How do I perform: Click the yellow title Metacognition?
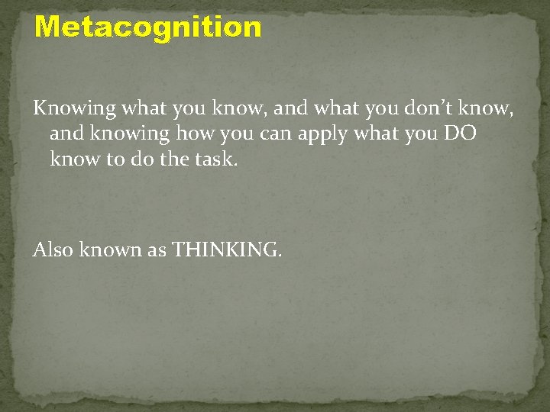[x=148, y=27]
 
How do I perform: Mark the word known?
[x=112, y=249]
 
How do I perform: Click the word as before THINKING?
[x=157, y=249]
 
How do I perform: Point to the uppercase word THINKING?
[x=225, y=249]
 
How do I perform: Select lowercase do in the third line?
[x=137, y=160]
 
